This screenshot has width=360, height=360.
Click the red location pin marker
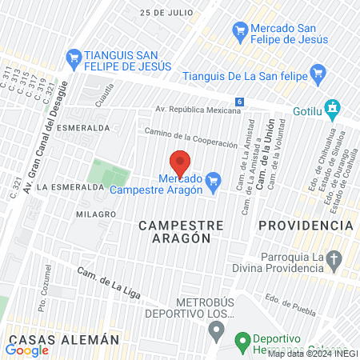click(180, 162)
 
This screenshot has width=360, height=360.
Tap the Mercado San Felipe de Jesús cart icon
click(239, 31)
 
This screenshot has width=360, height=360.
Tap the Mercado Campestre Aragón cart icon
click(213, 182)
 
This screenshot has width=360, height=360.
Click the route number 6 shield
click(239, 102)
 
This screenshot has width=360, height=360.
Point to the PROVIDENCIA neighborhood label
click(306, 226)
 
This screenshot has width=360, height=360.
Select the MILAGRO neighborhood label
click(96, 214)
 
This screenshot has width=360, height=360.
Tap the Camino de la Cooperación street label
click(191, 137)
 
